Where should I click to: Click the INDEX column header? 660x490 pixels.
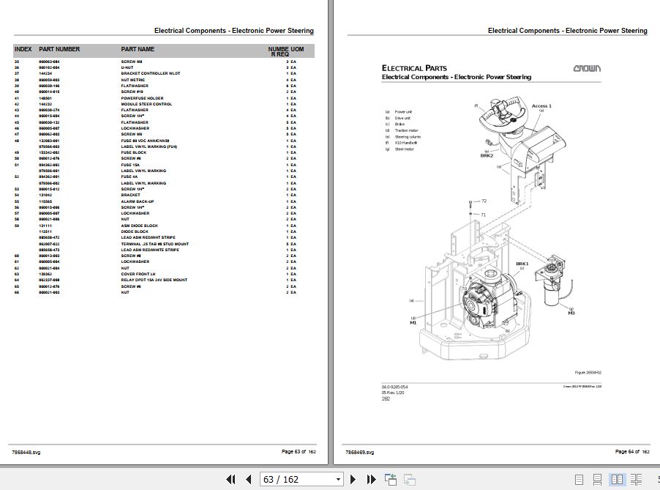[x=23, y=49]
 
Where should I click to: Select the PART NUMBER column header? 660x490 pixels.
[x=59, y=49]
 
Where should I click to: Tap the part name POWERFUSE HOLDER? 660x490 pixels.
[x=142, y=98]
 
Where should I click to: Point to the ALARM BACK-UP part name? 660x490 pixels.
[x=138, y=201]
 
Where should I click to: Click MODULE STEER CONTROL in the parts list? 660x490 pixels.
[x=146, y=104]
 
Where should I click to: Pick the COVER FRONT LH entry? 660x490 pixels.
[x=138, y=274]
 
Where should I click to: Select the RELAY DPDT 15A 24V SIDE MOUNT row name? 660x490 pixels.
[x=154, y=280]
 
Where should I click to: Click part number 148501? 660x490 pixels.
[x=46, y=98]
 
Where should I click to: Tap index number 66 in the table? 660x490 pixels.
[x=18, y=292]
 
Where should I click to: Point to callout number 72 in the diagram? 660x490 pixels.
[x=483, y=201]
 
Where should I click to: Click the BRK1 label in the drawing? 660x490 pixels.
[x=522, y=263]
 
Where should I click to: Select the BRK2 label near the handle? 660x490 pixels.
[x=487, y=155]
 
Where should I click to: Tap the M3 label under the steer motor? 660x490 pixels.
[x=571, y=313]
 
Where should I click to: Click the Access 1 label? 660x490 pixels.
[x=541, y=106]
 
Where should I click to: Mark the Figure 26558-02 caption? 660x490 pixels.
[x=588, y=372]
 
